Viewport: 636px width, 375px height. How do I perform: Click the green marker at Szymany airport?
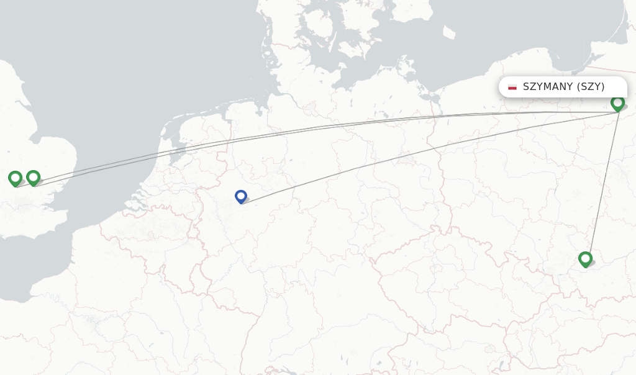click(x=617, y=103)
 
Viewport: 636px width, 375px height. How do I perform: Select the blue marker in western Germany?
click(x=241, y=197)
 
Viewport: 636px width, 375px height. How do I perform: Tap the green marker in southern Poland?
click(x=585, y=259)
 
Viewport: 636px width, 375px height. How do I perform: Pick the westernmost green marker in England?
click(x=16, y=179)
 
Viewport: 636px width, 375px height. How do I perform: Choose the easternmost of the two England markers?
click(x=34, y=178)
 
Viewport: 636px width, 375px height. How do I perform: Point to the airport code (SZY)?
click(x=590, y=87)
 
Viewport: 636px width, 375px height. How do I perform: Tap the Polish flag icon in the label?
click(x=512, y=87)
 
